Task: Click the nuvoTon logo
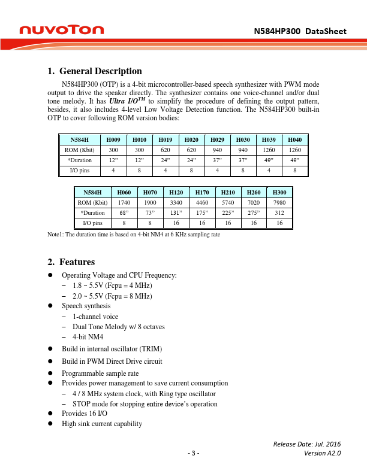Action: click(x=61, y=29)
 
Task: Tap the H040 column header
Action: click(x=294, y=139)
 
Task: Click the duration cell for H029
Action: click(x=217, y=160)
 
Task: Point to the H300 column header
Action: click(x=279, y=192)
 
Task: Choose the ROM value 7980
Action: click(x=279, y=202)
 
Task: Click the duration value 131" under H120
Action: click(x=176, y=213)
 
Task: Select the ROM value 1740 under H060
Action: click(x=124, y=202)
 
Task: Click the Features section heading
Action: click(x=77, y=262)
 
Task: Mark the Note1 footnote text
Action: click(x=134, y=235)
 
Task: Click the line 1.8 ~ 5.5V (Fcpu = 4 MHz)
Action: click(x=112, y=285)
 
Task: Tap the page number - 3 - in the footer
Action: click(x=192, y=453)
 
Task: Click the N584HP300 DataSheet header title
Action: click(x=300, y=31)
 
